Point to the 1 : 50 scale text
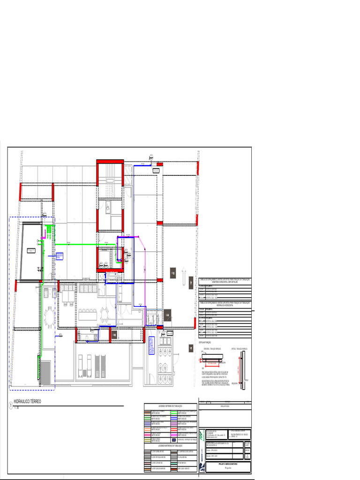(17, 408)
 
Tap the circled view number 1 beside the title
(10, 406)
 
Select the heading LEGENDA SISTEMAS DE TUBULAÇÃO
(170, 405)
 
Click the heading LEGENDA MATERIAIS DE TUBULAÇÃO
(170, 445)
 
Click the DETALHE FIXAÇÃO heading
(207, 343)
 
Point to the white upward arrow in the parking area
(184, 276)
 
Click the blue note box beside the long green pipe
(59, 256)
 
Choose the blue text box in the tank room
(151, 346)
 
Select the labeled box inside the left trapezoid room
(31, 251)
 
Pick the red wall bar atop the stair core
(110, 161)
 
